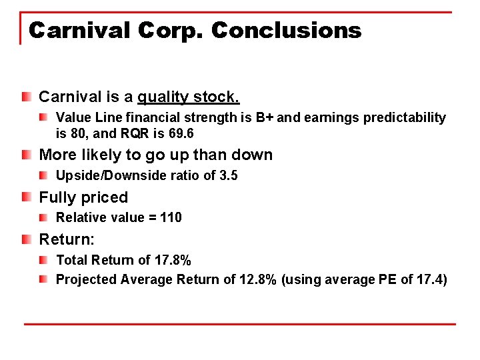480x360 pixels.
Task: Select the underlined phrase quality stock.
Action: click(188, 97)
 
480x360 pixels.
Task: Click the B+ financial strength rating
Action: click(264, 118)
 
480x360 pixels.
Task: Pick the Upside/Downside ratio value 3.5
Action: click(229, 176)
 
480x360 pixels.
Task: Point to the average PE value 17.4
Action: click(429, 279)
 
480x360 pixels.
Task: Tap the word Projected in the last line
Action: click(86, 279)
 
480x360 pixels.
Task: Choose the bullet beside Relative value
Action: click(43, 217)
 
